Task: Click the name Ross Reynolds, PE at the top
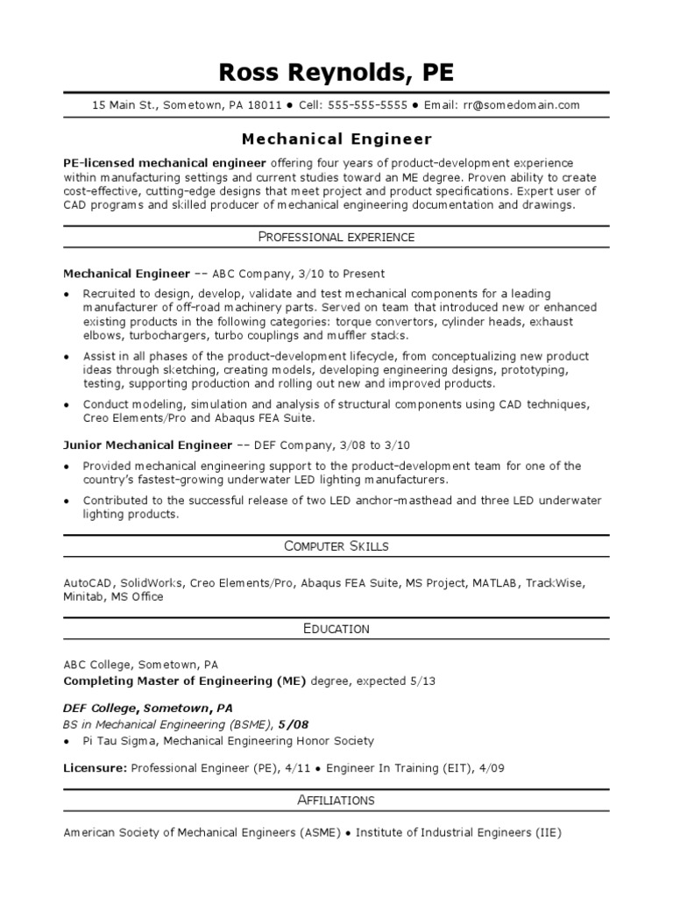336,72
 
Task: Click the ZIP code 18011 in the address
265,105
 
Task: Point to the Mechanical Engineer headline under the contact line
336,139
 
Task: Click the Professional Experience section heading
336,237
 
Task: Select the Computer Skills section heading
336,546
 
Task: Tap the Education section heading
336,629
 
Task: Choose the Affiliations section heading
336,800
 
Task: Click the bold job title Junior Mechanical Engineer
148,445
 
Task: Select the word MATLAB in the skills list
497,582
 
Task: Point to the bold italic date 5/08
293,725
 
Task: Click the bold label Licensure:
96,768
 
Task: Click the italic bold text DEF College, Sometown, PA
148,709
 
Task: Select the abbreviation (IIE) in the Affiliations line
548,833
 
